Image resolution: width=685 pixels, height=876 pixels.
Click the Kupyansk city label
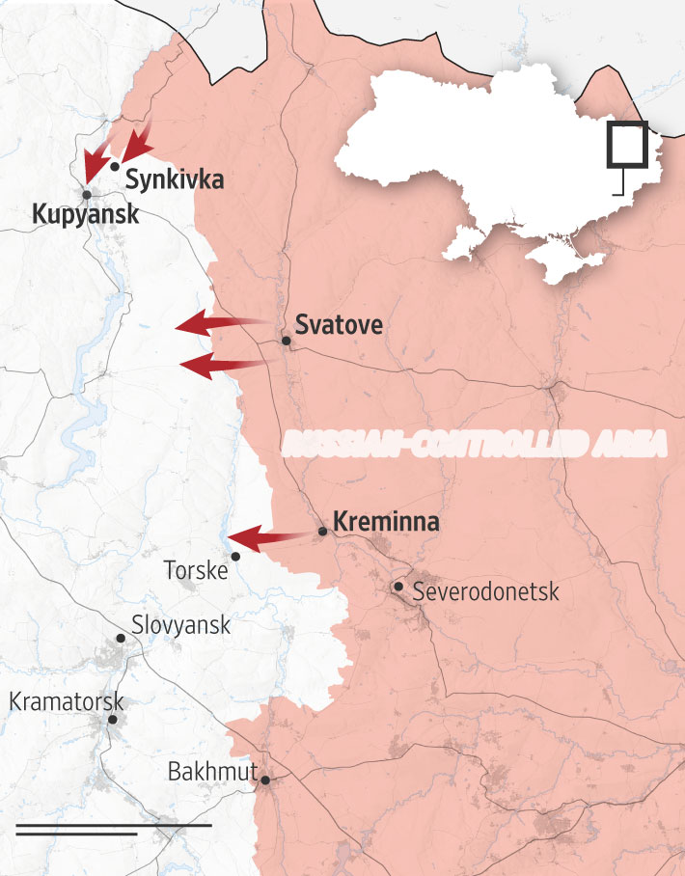tap(85, 214)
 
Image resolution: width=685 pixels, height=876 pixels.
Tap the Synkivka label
tap(174, 178)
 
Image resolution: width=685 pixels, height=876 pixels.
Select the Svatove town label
tap(339, 325)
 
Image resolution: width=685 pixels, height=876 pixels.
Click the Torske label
tap(196, 570)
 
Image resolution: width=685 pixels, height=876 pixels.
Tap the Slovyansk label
tap(180, 625)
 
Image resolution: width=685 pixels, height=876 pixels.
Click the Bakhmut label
tap(212, 772)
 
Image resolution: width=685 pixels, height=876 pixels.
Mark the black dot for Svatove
tap(286, 341)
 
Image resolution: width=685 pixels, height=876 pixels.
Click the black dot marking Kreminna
tap(322, 531)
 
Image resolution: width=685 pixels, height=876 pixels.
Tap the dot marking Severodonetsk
tap(397, 586)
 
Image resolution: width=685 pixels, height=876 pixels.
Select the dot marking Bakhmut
tap(264, 780)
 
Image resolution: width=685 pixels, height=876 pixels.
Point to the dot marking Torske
tap(235, 556)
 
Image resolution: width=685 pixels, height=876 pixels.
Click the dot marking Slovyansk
tap(121, 638)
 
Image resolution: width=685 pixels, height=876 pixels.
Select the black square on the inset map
tap(627, 147)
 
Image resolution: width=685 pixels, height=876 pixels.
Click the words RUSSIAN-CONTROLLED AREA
tap(476, 444)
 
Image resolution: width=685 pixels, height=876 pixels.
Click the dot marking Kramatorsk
tap(113, 720)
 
